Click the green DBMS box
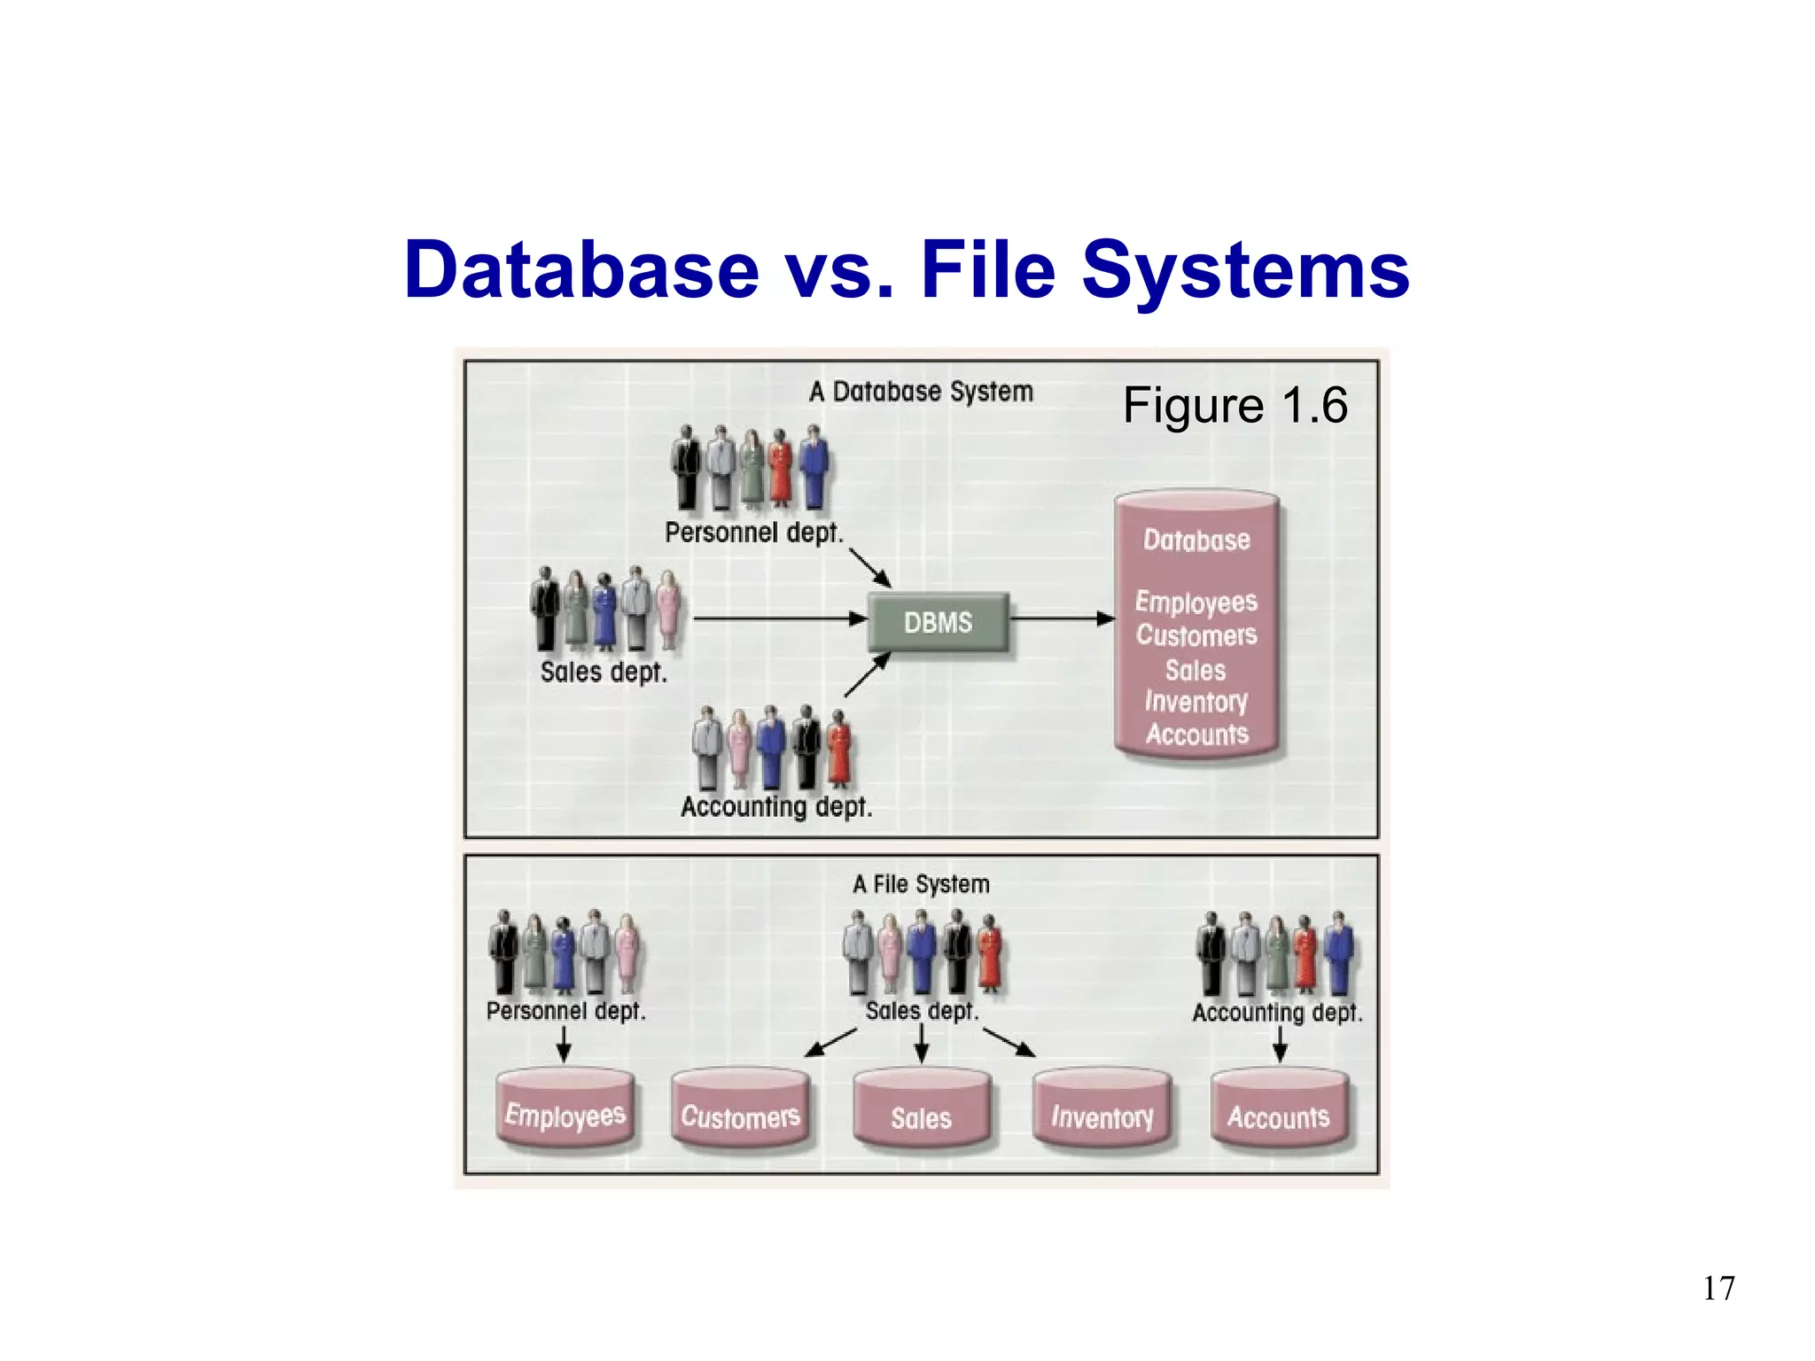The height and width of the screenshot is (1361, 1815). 938,622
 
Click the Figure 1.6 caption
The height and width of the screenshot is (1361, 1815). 1235,406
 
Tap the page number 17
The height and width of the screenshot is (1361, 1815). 1718,1287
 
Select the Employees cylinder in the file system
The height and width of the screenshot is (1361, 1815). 565,1109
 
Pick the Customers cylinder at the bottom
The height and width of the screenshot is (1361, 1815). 740,1111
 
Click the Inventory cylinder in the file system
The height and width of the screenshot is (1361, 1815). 1102,1111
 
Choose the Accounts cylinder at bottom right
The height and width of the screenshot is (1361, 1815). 1279,1111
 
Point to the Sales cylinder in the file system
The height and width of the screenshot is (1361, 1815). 921,1111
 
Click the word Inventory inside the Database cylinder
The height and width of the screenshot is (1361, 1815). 1196,702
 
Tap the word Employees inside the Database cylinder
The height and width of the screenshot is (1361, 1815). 1196,602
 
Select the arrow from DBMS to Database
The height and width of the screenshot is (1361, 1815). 1062,618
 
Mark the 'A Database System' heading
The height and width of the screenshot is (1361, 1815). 921,391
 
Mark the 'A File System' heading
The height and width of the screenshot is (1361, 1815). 921,883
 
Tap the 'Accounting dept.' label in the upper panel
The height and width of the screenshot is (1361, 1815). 776,806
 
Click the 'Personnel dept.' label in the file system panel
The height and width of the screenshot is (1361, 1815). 565,1010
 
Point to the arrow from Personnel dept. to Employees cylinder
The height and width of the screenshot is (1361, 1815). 564,1044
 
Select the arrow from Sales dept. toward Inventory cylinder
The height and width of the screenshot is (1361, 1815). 1009,1042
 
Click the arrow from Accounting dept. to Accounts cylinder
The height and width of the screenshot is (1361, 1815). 1279,1044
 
